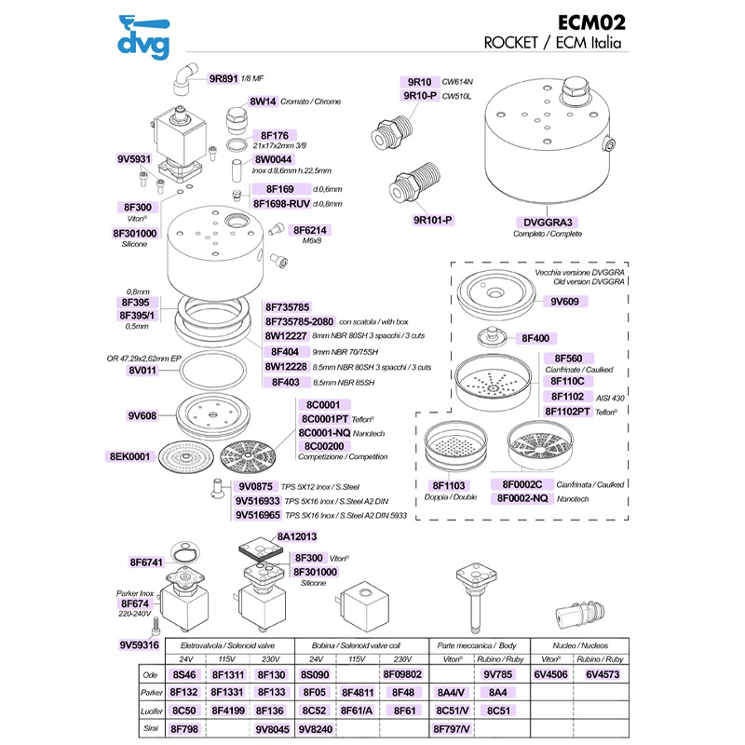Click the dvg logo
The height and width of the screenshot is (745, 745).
(143, 37)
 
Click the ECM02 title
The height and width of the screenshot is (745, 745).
(591, 22)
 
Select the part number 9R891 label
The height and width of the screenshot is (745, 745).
(223, 78)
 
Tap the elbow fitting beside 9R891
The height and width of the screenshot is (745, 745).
(184, 79)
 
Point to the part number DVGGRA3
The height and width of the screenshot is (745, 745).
(548, 223)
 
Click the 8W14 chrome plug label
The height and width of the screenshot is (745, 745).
(263, 102)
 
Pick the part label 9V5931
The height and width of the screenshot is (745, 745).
(134, 158)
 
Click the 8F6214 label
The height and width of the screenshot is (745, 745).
(310, 230)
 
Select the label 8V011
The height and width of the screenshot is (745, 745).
(142, 370)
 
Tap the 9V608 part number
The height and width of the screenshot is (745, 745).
(142, 415)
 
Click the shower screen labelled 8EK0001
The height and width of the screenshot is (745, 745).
(183, 456)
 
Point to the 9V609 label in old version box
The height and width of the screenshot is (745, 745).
(564, 301)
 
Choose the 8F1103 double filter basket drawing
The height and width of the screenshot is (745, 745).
(455, 448)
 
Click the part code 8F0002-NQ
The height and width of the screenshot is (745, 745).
(522, 498)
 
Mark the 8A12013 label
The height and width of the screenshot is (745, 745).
(297, 537)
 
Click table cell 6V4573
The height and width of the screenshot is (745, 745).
(603, 674)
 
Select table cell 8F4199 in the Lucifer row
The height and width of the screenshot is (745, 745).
(228, 711)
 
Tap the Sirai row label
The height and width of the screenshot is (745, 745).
(151, 728)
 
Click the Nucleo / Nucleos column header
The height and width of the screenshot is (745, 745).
(580, 645)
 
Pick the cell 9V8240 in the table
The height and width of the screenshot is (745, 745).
(316, 729)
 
